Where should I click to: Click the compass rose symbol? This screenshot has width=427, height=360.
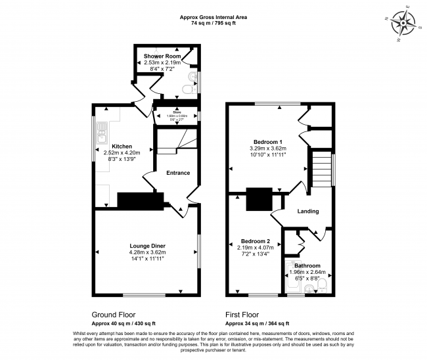pyautogui.click(x=403, y=23)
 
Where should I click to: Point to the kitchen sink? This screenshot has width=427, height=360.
pyautogui.click(x=102, y=134)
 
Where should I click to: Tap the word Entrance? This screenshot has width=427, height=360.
pyautogui.click(x=178, y=173)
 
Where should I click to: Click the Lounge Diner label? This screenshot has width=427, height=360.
pyautogui.click(x=148, y=246)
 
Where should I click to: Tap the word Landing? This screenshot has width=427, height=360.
pyautogui.click(x=308, y=212)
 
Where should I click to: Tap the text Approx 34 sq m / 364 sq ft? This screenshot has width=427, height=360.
pyautogui.click(x=257, y=324)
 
